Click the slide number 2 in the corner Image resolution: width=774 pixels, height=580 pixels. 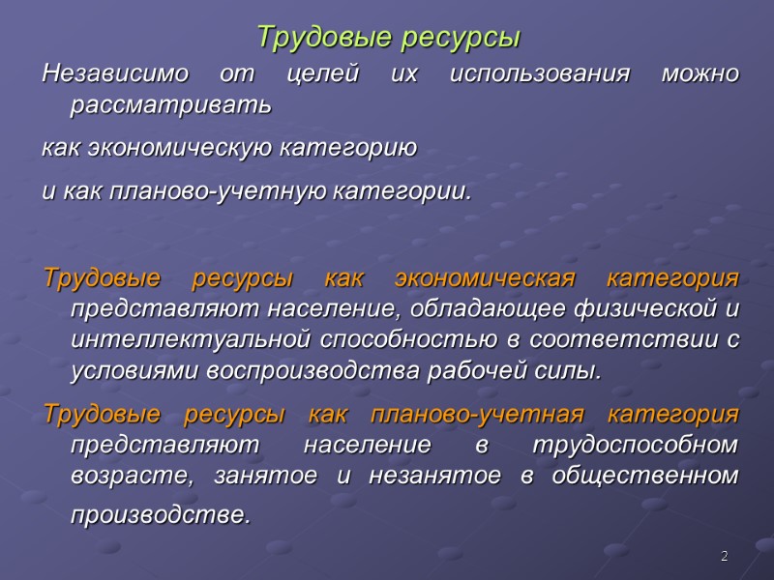tap(723, 557)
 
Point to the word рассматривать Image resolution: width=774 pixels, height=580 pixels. tap(172, 105)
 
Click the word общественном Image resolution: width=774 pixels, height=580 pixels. tap(655, 477)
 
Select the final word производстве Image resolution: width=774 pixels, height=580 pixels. tap(159, 514)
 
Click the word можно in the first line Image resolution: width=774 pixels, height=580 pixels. tap(700, 73)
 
